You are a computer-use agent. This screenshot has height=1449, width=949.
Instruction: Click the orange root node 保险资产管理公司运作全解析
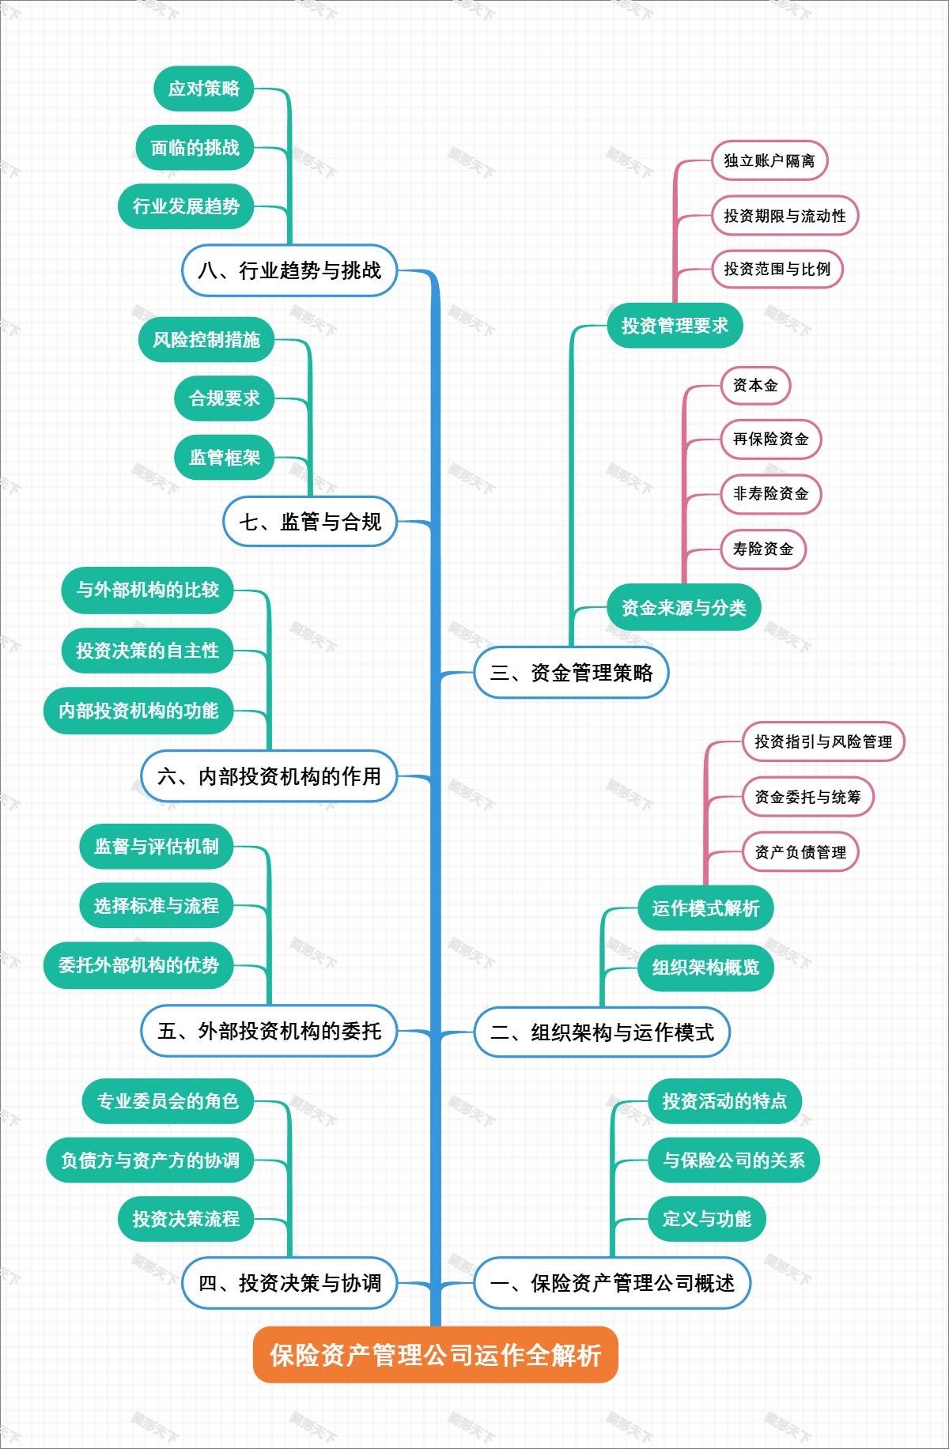point(435,1355)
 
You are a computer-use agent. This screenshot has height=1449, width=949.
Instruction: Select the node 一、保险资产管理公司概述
point(612,1283)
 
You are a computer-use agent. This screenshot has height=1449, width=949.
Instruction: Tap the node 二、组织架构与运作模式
point(601,1032)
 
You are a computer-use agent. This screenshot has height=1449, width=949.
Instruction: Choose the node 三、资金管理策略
point(571,673)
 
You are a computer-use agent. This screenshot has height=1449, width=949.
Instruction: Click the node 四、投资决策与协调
point(289,1283)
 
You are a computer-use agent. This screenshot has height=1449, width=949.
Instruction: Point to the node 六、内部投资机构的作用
point(269,776)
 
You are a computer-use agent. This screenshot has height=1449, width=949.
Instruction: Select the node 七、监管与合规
point(310,522)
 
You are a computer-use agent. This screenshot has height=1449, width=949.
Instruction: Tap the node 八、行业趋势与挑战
point(289,270)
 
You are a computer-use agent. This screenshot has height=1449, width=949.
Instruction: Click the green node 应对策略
point(203,89)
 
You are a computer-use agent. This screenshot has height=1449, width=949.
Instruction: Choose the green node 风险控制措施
point(206,340)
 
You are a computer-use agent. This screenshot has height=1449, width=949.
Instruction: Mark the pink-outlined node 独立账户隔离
point(769,160)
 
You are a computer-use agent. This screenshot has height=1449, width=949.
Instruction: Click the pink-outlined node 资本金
point(755,385)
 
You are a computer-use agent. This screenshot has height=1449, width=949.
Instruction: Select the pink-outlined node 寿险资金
point(762,549)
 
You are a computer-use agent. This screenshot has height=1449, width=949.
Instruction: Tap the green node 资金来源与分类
point(683,608)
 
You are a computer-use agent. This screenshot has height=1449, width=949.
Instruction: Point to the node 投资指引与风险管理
point(822,741)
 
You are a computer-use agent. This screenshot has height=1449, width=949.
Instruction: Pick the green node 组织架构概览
point(705,968)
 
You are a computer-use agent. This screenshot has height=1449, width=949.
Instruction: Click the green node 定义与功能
point(706,1219)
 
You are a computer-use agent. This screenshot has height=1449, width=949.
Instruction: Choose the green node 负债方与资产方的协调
point(150,1160)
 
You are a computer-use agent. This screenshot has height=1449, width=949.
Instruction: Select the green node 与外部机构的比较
point(147,590)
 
